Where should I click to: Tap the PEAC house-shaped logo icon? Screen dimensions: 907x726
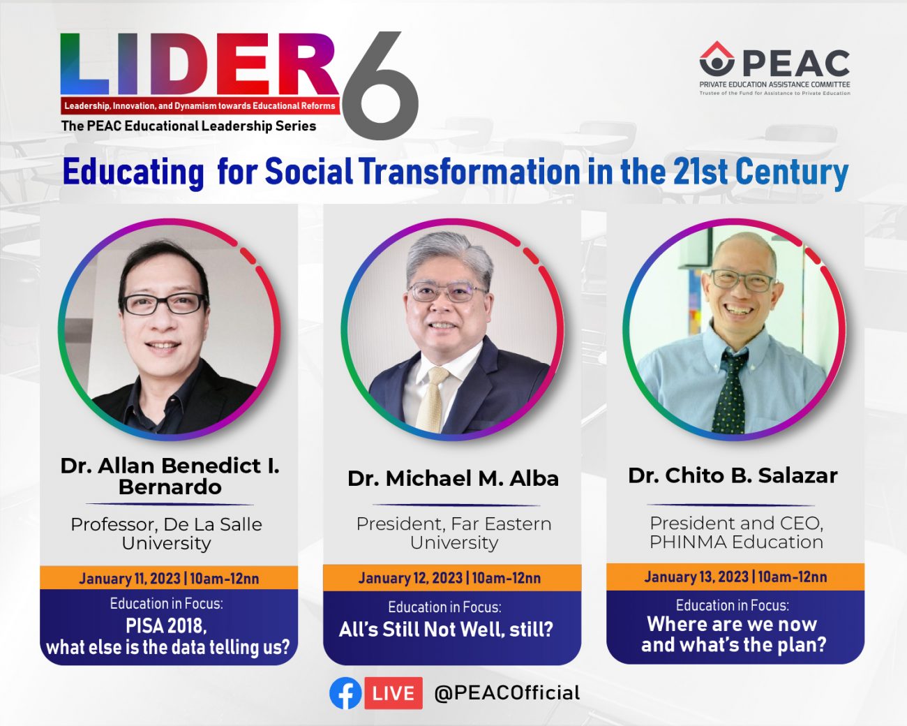717,59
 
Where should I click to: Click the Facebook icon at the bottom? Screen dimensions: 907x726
345,693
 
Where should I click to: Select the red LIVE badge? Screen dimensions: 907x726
393,693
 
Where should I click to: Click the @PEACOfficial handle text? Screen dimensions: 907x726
507,693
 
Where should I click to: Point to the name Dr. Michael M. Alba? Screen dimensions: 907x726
453,478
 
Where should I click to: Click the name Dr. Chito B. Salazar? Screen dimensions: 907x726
733,475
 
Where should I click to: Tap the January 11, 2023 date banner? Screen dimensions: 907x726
169,578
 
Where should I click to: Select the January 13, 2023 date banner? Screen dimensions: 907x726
735,577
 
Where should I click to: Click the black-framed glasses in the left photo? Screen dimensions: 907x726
163,303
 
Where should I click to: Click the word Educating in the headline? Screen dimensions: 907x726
133,173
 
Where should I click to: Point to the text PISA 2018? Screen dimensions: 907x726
166,626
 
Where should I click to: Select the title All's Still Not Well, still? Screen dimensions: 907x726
446,630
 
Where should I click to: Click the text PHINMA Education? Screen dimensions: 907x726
736,542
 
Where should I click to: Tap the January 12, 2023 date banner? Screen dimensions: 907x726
452,577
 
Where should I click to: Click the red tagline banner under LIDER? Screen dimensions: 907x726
200,105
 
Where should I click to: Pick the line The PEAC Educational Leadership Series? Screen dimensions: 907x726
188,126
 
